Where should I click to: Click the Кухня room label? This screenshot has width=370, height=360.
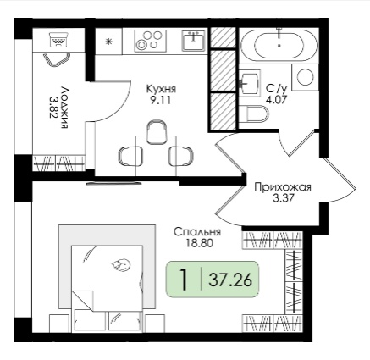(161, 89)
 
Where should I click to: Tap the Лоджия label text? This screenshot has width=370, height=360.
(65, 108)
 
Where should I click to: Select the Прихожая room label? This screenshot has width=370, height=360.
(283, 187)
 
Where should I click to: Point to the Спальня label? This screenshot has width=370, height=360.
(197, 232)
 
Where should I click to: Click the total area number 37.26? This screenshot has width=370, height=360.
(230, 280)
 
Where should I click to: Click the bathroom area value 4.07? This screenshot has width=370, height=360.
(276, 100)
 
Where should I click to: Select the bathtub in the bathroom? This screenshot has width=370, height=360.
(279, 45)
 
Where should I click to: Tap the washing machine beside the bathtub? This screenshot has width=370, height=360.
(305, 77)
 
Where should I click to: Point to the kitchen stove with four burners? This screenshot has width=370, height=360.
(150, 41)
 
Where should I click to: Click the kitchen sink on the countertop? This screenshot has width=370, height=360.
(193, 41)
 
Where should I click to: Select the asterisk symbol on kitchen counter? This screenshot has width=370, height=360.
(108, 42)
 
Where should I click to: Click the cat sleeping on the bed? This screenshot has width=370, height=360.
(121, 265)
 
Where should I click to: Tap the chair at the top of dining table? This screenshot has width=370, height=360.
(156, 131)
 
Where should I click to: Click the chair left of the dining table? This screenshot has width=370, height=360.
(128, 156)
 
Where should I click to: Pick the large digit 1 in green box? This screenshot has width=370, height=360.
(184, 280)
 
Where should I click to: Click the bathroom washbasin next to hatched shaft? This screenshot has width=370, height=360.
(250, 83)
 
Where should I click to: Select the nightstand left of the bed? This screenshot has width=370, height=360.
(59, 323)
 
